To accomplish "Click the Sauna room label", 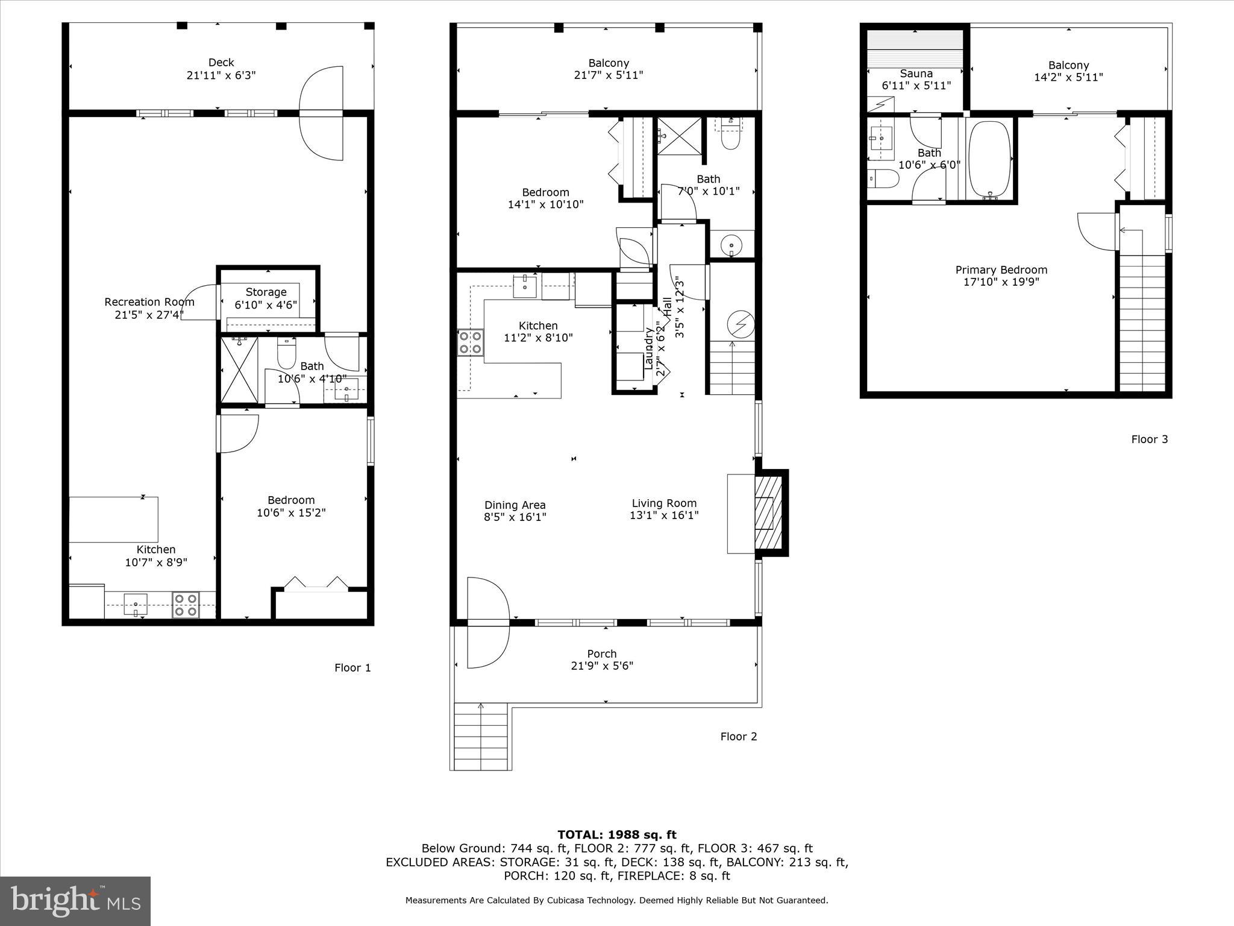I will coord(916,74).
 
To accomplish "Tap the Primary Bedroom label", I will coord(1001,270).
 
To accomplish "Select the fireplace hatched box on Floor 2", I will coord(768,512).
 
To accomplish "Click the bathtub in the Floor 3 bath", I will coord(989,160).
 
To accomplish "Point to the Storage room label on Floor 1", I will coord(266,292).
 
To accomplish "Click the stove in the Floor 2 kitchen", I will coord(470,342).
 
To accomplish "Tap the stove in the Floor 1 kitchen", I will coord(186,605).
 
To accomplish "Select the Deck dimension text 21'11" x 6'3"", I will coord(221,75).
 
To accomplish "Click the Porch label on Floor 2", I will coord(601,654).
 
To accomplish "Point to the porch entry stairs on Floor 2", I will coord(480,736).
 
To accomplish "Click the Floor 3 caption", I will coord(1149,439).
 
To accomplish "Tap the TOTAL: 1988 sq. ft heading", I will coord(616,834).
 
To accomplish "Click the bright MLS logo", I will coord(75,901).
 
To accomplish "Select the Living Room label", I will coord(664,503).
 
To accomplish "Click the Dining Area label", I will coord(515,505).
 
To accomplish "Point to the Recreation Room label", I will coord(149,302).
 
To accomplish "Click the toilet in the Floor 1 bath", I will coord(286,354).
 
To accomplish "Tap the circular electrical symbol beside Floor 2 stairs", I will coord(741,324).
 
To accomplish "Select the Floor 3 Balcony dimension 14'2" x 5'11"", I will coord(1068,77).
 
